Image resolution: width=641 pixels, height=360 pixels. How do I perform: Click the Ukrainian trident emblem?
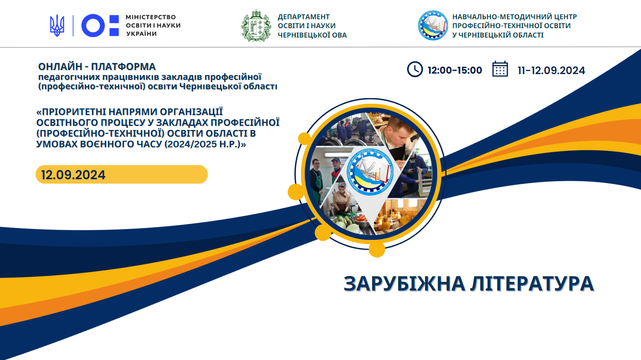[57, 25]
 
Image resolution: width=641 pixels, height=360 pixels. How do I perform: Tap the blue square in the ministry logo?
[114, 20]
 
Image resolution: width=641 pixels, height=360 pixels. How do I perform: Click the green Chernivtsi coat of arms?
[256, 26]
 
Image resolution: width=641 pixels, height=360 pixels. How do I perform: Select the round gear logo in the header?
[432, 25]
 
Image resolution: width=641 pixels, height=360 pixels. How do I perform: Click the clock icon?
[415, 69]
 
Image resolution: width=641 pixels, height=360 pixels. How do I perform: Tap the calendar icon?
[500, 69]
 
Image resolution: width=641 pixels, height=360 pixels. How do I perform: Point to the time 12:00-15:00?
[455, 70]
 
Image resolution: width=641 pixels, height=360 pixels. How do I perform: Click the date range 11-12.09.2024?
[551, 70]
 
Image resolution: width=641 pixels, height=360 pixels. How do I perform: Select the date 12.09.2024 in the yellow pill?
[73, 175]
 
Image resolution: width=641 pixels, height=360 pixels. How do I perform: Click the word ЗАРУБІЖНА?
[404, 284]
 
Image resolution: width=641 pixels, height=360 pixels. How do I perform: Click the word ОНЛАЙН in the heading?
[60, 67]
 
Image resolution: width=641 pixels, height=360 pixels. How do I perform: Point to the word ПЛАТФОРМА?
[124, 67]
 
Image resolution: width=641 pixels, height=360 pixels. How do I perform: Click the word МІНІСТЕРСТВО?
[151, 17]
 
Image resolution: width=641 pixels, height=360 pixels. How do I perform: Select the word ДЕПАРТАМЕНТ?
[304, 17]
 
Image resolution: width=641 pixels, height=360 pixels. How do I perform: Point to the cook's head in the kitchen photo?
[342, 188]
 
